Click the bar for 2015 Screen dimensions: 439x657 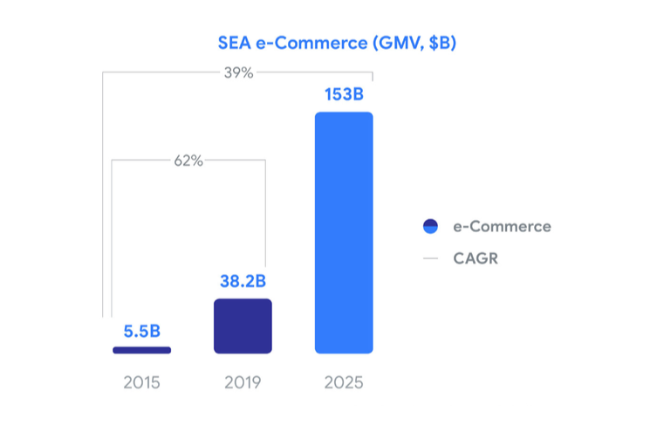(x=141, y=350)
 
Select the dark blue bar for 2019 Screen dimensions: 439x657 (x=243, y=326)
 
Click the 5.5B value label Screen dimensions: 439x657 (x=141, y=331)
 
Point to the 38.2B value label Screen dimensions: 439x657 (x=243, y=282)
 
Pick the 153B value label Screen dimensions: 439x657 (x=344, y=94)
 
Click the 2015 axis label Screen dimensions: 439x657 (x=141, y=383)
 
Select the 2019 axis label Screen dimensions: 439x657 (x=243, y=383)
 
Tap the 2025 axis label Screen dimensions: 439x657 (x=344, y=383)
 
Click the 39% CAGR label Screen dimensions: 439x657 (x=238, y=73)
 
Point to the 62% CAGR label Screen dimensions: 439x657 (x=188, y=161)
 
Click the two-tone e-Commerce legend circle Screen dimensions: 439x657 (x=429, y=227)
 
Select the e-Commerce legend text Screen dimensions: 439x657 (x=502, y=227)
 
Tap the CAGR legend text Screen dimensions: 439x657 (x=476, y=258)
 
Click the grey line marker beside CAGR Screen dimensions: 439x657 (x=429, y=258)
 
